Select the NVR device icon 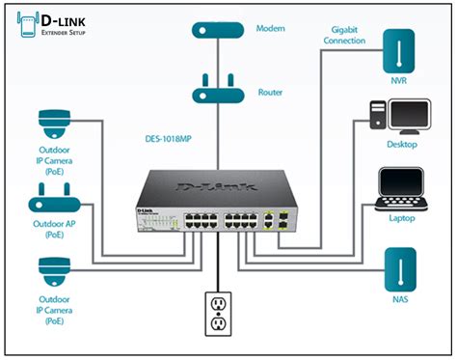(398, 52)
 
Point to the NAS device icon (398, 270)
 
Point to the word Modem (271, 29)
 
